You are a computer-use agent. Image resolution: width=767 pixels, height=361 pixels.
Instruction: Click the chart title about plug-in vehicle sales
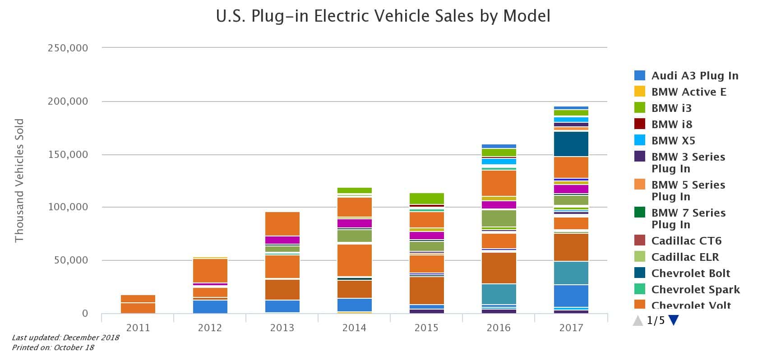tap(383, 16)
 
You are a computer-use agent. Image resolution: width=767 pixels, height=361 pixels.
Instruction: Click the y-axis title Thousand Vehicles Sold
tap(19, 180)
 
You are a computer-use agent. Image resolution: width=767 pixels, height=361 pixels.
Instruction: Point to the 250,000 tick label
tap(68, 48)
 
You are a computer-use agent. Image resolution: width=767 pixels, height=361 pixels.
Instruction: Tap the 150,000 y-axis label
tap(68, 155)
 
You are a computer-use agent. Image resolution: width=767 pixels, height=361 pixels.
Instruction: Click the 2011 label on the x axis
tap(138, 328)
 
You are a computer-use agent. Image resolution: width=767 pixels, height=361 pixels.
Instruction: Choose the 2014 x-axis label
tap(354, 328)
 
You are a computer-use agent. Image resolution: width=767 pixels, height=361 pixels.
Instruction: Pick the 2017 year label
tap(571, 328)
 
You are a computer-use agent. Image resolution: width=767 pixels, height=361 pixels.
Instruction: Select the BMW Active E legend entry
tap(688, 92)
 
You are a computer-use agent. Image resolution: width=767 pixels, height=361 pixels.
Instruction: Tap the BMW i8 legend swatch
tap(640, 124)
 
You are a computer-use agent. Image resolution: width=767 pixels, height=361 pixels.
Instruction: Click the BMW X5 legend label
tap(673, 141)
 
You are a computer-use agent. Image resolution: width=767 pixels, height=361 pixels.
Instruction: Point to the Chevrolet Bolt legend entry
tap(690, 273)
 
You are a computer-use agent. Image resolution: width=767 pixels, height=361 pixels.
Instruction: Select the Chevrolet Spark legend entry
tap(695, 290)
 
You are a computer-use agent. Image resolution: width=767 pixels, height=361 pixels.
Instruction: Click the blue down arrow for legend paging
tap(674, 320)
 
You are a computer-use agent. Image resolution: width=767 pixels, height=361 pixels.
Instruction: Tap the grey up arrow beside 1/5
tap(638, 321)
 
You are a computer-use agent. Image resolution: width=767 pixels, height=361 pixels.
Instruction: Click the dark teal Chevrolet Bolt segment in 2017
tap(571, 144)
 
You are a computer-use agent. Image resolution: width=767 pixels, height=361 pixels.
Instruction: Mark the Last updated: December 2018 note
tap(65, 338)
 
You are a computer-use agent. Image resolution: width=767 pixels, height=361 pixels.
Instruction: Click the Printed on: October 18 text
tap(53, 347)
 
